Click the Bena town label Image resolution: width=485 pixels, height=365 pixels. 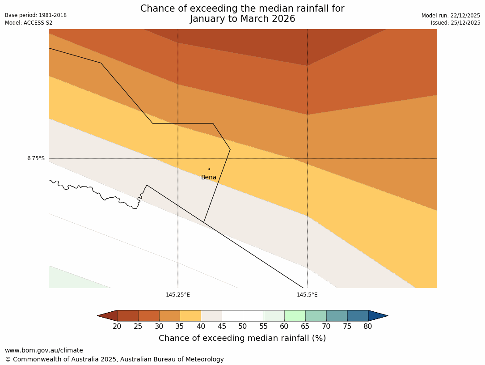(209, 178)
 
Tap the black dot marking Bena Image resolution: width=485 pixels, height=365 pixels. (209, 169)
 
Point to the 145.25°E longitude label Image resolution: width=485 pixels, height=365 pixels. (178, 295)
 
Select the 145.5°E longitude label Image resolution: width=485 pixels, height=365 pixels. (307, 295)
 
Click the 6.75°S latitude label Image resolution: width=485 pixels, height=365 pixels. (36, 158)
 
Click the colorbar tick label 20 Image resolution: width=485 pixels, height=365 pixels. (117, 327)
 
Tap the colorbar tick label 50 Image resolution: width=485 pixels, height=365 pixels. (243, 327)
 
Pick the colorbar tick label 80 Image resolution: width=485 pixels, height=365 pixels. (368, 327)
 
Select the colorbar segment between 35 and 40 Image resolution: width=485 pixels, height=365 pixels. (190, 316)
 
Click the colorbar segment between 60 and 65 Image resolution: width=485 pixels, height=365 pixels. (295, 316)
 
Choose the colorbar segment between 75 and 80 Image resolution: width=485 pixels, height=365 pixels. (358, 316)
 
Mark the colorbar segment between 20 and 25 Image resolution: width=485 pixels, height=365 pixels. (128, 316)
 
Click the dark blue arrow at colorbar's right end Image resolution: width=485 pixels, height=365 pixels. (377, 316)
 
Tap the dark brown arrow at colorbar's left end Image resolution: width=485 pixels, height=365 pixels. (108, 316)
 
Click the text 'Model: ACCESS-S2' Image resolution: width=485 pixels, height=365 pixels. (29, 23)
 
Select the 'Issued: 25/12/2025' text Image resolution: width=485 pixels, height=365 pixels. (455, 23)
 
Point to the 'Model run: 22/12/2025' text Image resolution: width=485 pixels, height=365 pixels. (451, 16)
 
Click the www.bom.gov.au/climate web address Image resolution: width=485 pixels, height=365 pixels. (44, 351)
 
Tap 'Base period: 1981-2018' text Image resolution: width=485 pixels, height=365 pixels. (36, 15)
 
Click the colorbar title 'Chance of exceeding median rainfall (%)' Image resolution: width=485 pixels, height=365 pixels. (242, 338)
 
